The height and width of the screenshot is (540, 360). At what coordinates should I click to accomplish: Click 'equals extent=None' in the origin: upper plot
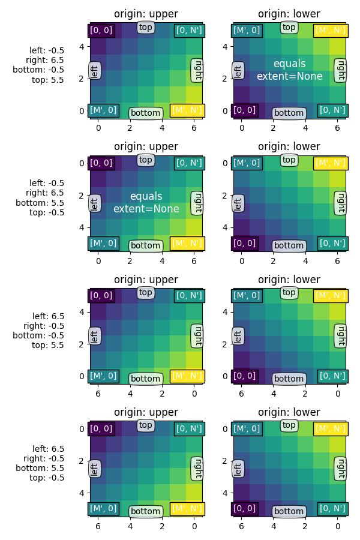coord(146,203)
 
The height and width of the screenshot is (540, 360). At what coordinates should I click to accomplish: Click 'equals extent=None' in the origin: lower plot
coord(289,70)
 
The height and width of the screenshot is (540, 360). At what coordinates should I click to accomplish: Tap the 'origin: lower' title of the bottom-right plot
coord(289,412)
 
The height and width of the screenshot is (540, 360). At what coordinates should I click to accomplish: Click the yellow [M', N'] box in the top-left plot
coord(187,110)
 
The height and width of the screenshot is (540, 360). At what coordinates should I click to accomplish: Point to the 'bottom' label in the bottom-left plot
coord(146,511)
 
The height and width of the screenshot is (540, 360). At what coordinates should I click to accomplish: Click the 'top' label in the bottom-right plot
coord(289,425)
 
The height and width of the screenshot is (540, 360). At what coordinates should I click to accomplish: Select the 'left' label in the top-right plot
coord(238,70)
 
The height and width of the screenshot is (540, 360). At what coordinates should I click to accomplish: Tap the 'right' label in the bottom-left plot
coord(197,468)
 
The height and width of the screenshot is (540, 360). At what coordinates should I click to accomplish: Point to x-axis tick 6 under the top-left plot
coord(194,128)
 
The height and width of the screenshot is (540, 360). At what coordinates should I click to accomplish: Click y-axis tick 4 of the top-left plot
coord(83,47)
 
